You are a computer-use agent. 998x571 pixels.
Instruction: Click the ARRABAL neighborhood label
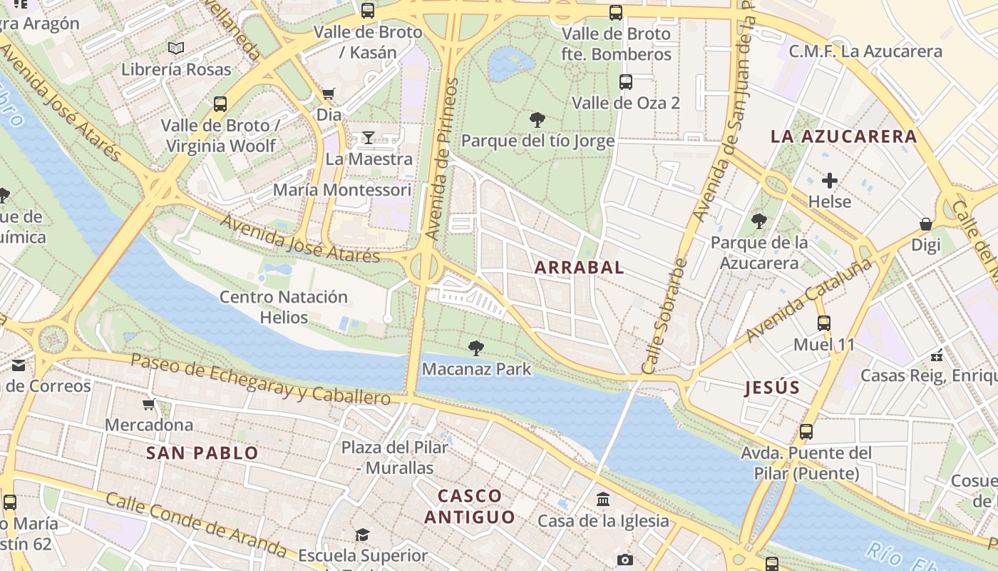pyautogui.click(x=579, y=268)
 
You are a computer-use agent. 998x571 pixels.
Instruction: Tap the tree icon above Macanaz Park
pyautogui.click(x=475, y=348)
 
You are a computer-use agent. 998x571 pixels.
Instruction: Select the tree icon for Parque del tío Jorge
pyautogui.click(x=537, y=119)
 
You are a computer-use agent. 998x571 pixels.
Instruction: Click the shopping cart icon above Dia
pyautogui.click(x=329, y=94)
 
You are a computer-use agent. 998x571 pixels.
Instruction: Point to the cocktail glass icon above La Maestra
pyautogui.click(x=368, y=137)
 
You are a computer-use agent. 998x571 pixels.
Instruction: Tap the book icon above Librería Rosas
pyautogui.click(x=175, y=49)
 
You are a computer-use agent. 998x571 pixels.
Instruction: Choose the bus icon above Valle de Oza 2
pyautogui.click(x=625, y=82)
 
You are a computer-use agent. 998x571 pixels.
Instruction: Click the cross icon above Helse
pyautogui.click(x=829, y=180)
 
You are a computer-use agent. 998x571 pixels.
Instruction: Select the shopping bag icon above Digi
pyautogui.click(x=925, y=224)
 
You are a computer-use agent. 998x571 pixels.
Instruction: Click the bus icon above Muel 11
pyautogui.click(x=824, y=323)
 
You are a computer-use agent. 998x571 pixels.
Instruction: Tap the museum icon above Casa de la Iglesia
pyautogui.click(x=603, y=499)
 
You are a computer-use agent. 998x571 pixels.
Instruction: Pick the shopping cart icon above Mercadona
pyautogui.click(x=148, y=404)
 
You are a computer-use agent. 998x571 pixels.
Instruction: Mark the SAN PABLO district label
pyautogui.click(x=202, y=453)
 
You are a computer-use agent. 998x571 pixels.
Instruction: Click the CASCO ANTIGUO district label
pyautogui.click(x=470, y=506)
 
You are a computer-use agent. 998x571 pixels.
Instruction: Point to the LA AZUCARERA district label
pyautogui.click(x=843, y=136)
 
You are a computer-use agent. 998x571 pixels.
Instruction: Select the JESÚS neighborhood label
pyautogui.click(x=772, y=388)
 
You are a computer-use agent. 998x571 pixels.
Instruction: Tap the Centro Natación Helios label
pyautogui.click(x=284, y=307)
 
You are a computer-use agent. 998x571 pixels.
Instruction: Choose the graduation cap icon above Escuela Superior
pyautogui.click(x=363, y=535)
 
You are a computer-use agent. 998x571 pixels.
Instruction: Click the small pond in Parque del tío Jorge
pyautogui.click(x=509, y=63)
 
